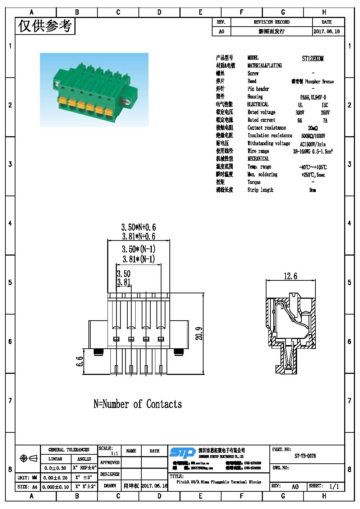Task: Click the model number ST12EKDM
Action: tap(313, 59)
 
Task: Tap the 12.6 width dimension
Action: tap(290, 276)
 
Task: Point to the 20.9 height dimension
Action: tap(199, 333)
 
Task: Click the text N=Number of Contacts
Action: tap(137, 404)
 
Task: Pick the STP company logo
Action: tap(182, 453)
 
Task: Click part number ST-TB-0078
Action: tap(305, 456)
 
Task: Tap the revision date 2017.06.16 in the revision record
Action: tap(327, 32)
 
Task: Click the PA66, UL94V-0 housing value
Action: tap(313, 97)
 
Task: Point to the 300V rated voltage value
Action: tap(300, 113)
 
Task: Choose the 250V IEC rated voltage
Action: tap(325, 113)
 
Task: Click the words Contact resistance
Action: tap(266, 128)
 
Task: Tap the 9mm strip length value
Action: tap(313, 190)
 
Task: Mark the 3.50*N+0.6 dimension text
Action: tap(138, 227)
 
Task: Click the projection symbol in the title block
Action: tap(28, 458)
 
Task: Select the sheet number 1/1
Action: tap(334, 486)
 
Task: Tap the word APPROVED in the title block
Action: tap(110, 463)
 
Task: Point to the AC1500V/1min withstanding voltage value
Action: tap(313, 144)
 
